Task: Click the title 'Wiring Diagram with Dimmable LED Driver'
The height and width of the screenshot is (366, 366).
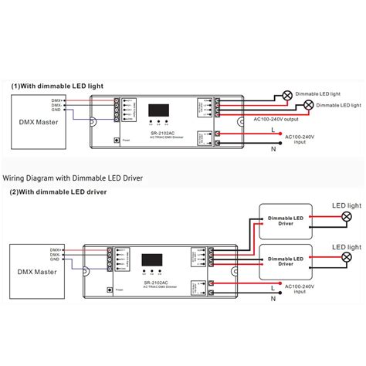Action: (73, 177)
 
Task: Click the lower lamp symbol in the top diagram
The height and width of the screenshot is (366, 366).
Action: (308, 104)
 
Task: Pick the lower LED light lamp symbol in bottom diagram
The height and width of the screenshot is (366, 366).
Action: (346, 257)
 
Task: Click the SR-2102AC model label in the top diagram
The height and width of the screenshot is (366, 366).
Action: (158, 134)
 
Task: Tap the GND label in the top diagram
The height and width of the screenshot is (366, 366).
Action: (56, 112)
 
